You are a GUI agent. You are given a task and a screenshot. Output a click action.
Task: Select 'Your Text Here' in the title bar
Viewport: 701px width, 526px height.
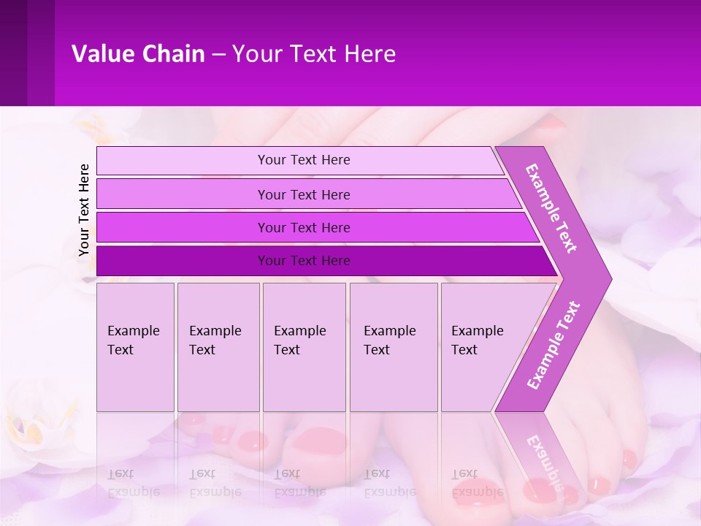314,54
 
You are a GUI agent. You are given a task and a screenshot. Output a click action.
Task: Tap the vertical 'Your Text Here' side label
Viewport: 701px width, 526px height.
84,210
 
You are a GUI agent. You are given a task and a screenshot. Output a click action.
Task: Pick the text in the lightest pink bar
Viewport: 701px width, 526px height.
304,160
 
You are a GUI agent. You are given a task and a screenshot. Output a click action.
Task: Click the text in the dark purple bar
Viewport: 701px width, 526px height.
304,261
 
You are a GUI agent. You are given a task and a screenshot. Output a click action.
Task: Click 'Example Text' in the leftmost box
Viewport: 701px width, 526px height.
133,340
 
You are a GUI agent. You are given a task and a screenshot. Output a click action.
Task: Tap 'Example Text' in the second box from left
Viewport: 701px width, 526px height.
215,340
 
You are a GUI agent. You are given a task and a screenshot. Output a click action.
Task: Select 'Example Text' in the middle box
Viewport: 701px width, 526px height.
299,340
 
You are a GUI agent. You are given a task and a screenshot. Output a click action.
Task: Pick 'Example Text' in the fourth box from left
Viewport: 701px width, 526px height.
389,340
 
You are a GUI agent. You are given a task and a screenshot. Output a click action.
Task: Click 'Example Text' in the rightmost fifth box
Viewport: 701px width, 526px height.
477,340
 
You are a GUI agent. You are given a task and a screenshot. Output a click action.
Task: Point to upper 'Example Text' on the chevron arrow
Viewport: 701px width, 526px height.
551,208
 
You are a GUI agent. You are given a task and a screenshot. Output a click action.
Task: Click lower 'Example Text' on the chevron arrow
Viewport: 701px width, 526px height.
553,346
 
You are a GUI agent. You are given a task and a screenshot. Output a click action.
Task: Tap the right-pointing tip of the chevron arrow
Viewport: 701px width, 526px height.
608,279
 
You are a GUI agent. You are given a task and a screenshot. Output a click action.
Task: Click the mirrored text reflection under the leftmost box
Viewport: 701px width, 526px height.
133,483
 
